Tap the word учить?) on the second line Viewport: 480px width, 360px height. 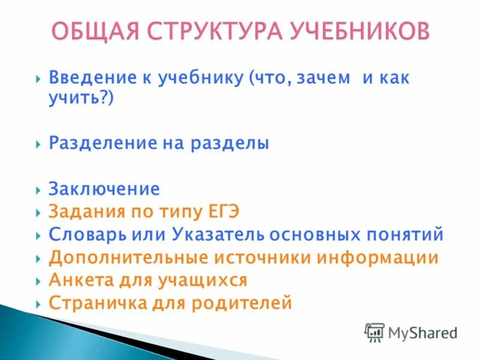[x=81, y=99]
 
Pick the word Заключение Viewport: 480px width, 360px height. [x=104, y=190]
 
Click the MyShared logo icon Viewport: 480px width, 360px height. [x=374, y=332]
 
